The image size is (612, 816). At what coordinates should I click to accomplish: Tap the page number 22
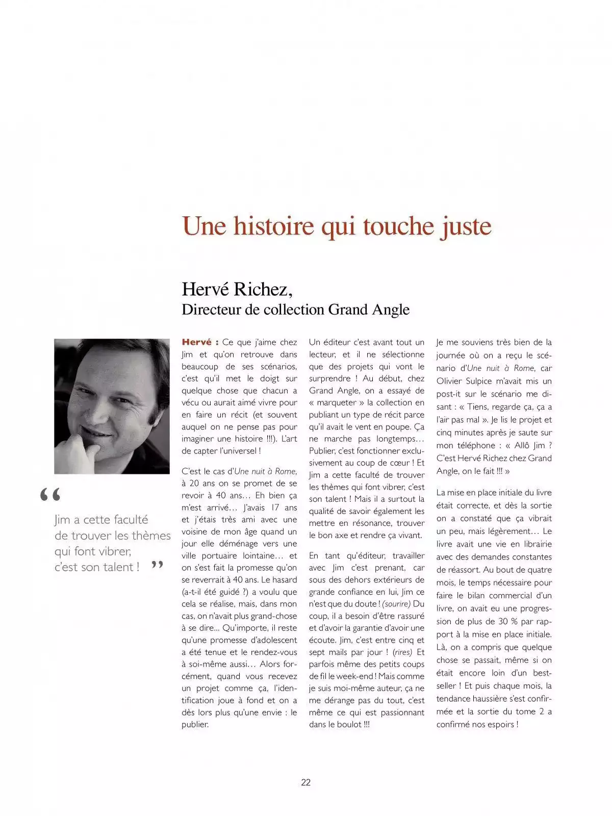306,782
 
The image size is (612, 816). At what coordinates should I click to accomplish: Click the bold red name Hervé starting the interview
197,342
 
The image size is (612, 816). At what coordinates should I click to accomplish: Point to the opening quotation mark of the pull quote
50,495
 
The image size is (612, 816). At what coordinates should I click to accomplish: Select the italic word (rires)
402,652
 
